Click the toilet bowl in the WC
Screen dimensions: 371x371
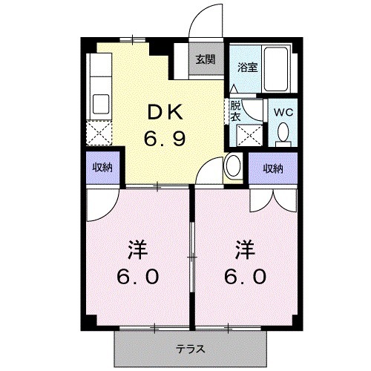[x=283, y=134]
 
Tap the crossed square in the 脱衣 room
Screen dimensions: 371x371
[x=246, y=136]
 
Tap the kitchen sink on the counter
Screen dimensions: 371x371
[x=99, y=102]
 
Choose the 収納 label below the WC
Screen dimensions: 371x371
[x=272, y=168]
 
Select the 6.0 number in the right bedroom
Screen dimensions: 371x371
[x=246, y=277]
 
